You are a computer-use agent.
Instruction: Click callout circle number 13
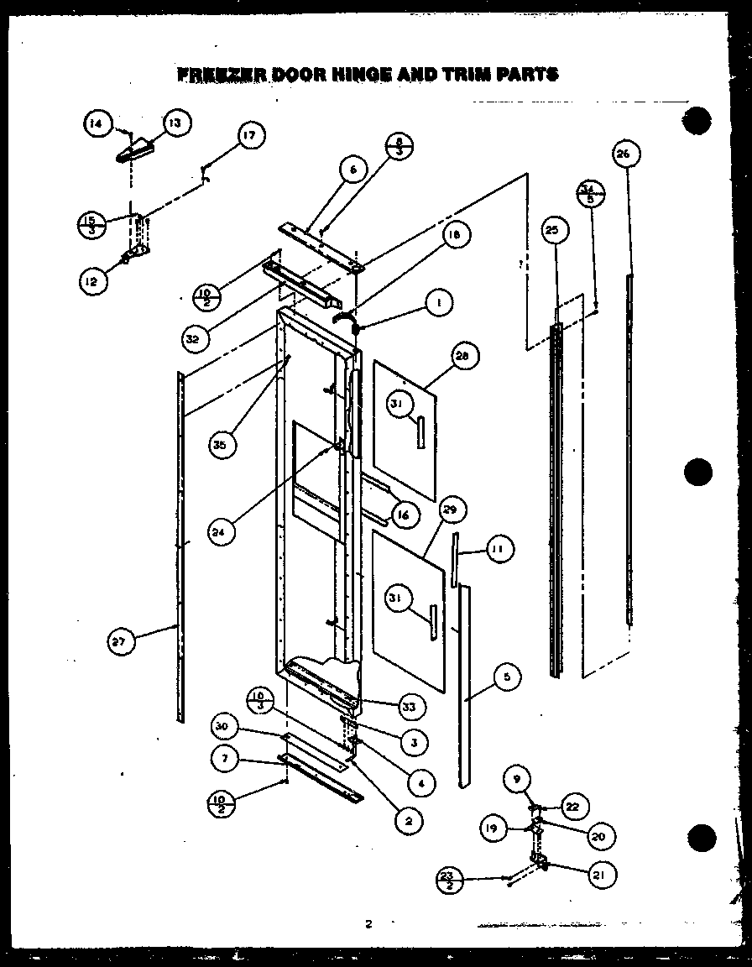(175, 123)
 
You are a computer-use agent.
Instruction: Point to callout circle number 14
(97, 124)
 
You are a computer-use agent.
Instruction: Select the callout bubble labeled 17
(249, 135)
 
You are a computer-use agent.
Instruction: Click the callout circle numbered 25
(555, 230)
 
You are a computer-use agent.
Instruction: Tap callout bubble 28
(462, 356)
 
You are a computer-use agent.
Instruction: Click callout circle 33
(409, 708)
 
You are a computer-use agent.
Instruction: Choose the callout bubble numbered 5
(507, 677)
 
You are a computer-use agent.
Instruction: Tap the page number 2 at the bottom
(368, 924)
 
